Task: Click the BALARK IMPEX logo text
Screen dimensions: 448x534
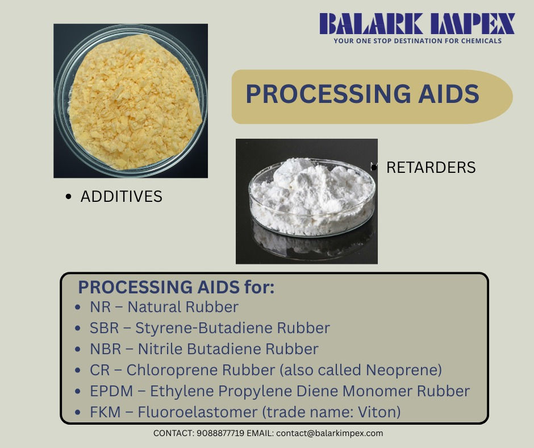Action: (417, 24)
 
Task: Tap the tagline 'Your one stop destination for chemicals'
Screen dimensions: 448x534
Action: (417, 41)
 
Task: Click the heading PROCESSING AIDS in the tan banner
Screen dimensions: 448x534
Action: (362, 94)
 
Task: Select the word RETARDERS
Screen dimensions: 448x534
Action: (431, 168)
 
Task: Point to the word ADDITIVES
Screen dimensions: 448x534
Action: (121, 197)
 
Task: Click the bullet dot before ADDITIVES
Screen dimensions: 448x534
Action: (69, 197)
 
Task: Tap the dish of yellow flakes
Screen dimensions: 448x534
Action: (130, 101)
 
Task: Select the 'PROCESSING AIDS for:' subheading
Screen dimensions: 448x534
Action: (176, 287)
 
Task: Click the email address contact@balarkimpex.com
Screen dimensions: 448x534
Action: (329, 433)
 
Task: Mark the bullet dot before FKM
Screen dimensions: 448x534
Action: (78, 412)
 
